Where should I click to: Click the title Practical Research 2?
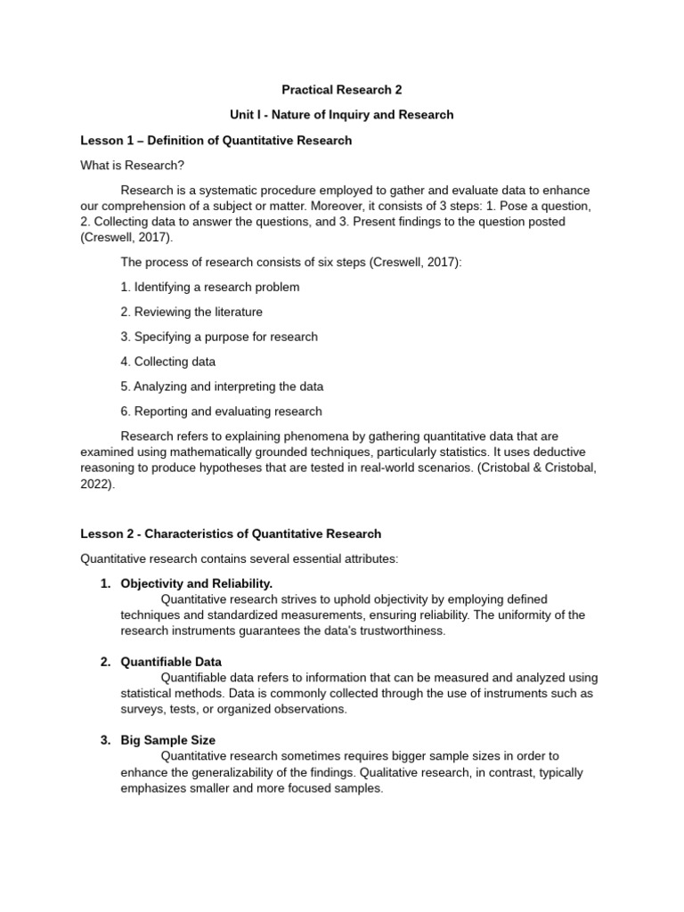341,89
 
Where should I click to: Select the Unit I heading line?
341,115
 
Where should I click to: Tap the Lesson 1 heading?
216,141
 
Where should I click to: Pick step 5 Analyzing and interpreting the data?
222,387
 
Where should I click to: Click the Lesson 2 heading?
231,533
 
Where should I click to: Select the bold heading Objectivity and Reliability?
196,583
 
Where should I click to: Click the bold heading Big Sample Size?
167,740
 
